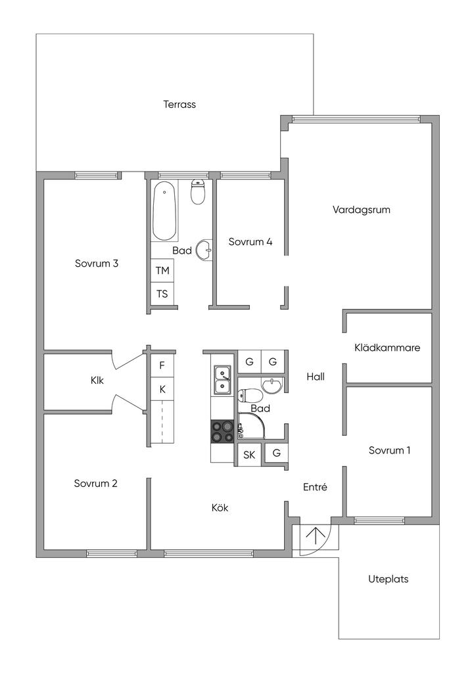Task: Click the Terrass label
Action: click(179, 104)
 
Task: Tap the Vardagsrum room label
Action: click(362, 210)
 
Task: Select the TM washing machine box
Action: click(162, 270)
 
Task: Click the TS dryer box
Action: click(162, 294)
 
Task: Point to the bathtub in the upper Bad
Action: click(164, 212)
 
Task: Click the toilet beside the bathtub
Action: click(197, 191)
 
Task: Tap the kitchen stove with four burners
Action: click(222, 431)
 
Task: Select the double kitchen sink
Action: click(222, 380)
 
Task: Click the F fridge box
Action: click(162, 363)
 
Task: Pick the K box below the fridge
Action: click(162, 389)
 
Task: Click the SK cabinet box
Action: click(249, 454)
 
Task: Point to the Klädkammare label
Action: click(387, 347)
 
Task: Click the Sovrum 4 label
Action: click(250, 241)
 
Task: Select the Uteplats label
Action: click(389, 579)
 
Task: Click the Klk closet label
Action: click(97, 379)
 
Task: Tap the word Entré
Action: click(315, 487)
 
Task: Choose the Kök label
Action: click(220, 507)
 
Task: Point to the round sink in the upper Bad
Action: click(206, 248)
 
